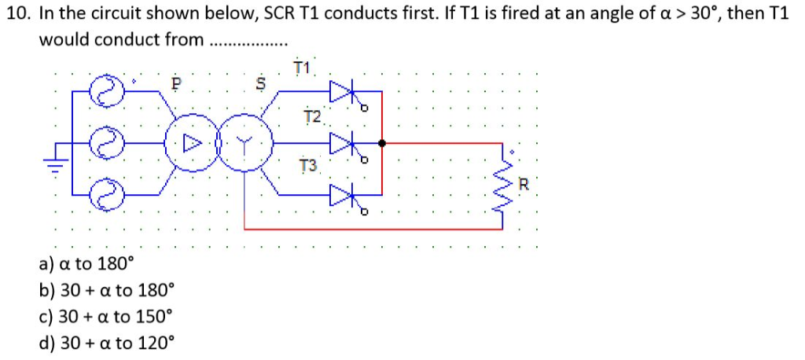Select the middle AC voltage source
[x=105, y=144]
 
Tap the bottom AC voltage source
[x=105, y=191]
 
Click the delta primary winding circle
[x=187, y=144]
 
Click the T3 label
[x=309, y=167]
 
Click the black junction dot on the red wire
[x=382, y=144]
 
